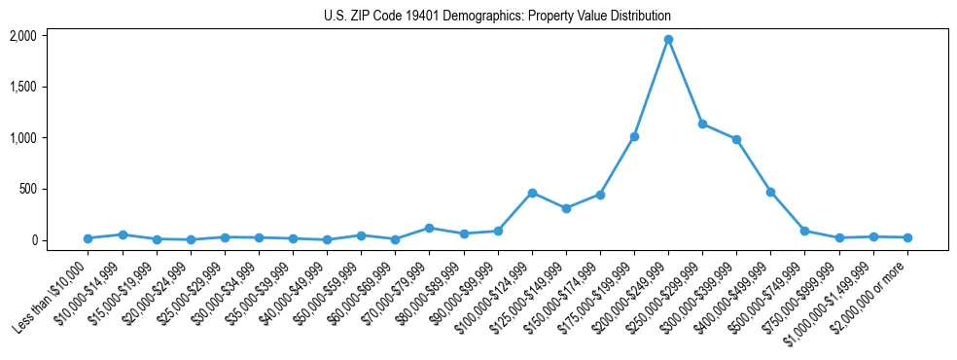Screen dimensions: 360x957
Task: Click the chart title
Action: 497,17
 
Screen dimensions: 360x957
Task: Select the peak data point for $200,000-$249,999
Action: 668,40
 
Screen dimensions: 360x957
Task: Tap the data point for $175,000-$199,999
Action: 634,136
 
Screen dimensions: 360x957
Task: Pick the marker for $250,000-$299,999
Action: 702,125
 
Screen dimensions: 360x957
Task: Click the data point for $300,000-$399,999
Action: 736,139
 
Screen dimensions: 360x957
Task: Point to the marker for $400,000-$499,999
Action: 770,192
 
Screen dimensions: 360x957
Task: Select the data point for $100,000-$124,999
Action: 532,193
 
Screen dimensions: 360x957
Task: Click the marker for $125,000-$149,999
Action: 566,208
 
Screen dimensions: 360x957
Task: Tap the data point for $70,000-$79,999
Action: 429,228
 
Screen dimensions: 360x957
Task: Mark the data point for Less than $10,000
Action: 88,238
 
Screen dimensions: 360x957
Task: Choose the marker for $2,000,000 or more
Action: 907,237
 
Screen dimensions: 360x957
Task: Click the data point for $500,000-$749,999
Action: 804,231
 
